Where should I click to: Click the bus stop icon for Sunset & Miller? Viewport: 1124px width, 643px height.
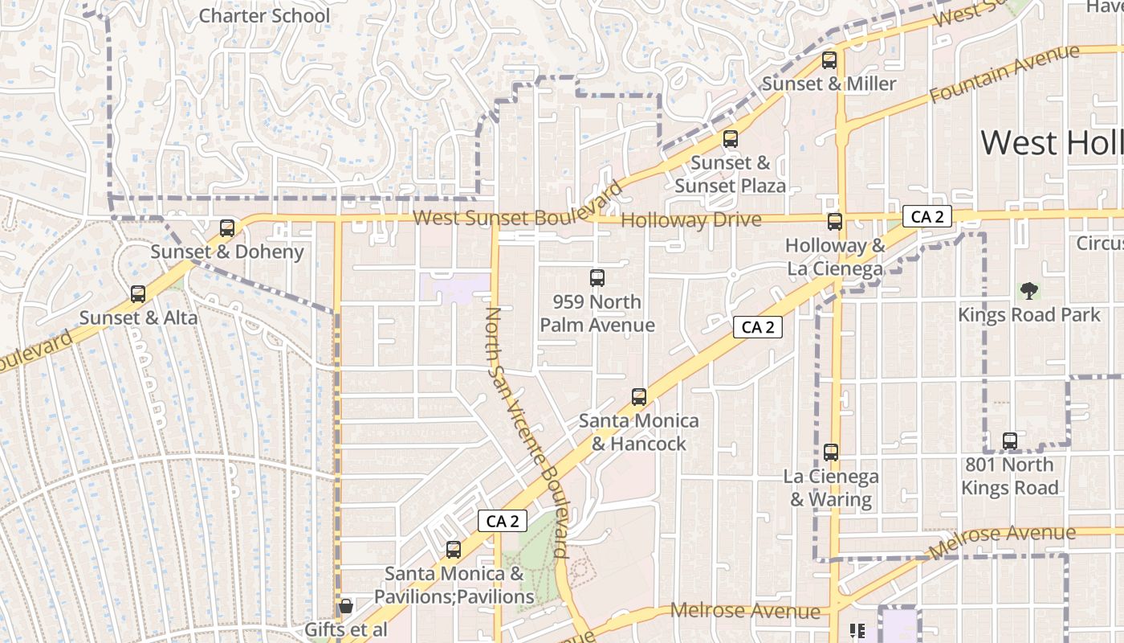[x=829, y=60]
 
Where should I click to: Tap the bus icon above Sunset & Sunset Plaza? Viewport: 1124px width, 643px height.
[x=731, y=139]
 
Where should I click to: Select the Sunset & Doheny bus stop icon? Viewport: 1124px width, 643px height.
[x=227, y=228]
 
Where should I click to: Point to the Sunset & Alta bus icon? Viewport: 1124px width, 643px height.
[x=138, y=294]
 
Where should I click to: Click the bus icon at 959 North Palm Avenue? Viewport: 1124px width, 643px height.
[x=597, y=278]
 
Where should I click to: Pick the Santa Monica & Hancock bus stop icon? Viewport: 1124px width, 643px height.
[x=639, y=397]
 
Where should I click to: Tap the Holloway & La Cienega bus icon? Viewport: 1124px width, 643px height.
[x=835, y=222]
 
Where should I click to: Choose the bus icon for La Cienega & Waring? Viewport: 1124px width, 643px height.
[x=831, y=453]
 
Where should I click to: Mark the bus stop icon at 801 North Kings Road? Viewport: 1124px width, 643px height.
[x=1010, y=441]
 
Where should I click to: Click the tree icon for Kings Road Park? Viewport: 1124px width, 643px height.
[x=1028, y=290]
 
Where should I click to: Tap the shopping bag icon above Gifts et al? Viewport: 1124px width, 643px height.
[x=346, y=606]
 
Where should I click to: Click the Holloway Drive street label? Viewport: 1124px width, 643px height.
[x=690, y=219]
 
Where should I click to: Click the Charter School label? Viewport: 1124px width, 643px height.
[x=264, y=15]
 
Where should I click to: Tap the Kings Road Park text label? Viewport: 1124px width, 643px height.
[x=1028, y=314]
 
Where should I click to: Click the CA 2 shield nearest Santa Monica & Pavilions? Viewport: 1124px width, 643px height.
[x=503, y=521]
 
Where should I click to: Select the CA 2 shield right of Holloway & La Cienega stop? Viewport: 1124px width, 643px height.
[x=927, y=216]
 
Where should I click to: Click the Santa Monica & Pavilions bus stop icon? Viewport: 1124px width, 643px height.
[x=454, y=550]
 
